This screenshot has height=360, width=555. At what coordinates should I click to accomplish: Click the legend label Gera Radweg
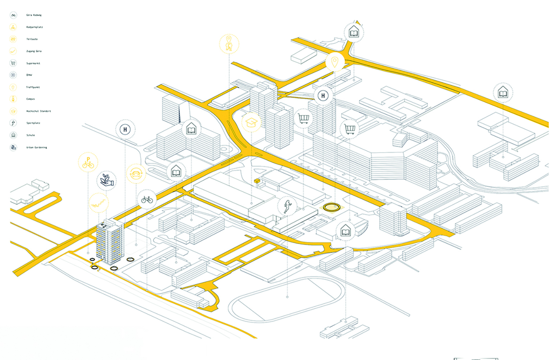pyautogui.click(x=34, y=15)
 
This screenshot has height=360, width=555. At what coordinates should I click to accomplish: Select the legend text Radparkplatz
pyautogui.click(x=35, y=27)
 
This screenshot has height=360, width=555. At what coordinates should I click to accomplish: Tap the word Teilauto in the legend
pyautogui.click(x=32, y=39)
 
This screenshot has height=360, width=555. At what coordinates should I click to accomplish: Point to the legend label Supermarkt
pyautogui.click(x=33, y=63)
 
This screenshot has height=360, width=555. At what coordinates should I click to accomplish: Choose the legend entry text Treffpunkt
pyautogui.click(x=33, y=87)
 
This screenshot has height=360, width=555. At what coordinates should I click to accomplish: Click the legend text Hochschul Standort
pyautogui.click(x=38, y=111)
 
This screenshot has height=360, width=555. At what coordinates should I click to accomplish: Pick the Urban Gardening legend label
pyautogui.click(x=36, y=147)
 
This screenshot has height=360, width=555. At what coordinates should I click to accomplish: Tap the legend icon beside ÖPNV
pyautogui.click(x=13, y=75)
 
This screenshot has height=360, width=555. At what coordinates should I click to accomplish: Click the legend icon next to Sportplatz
pyautogui.click(x=13, y=123)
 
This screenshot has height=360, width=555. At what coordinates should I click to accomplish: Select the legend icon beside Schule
pyautogui.click(x=13, y=135)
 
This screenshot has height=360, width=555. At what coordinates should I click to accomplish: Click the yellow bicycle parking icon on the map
pyautogui.click(x=88, y=163)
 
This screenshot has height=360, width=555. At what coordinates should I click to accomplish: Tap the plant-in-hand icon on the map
pyautogui.click(x=107, y=180)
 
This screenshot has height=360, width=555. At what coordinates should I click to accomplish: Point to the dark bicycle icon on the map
pyautogui.click(x=147, y=199)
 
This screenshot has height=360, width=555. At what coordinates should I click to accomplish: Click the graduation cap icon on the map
pyautogui.click(x=251, y=122)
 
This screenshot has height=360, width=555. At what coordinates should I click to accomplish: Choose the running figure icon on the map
pyautogui.click(x=287, y=206)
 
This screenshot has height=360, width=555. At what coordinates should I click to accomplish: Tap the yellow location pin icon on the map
pyautogui.click(x=335, y=62)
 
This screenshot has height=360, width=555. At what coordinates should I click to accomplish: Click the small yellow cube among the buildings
pyautogui.click(x=257, y=180)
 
